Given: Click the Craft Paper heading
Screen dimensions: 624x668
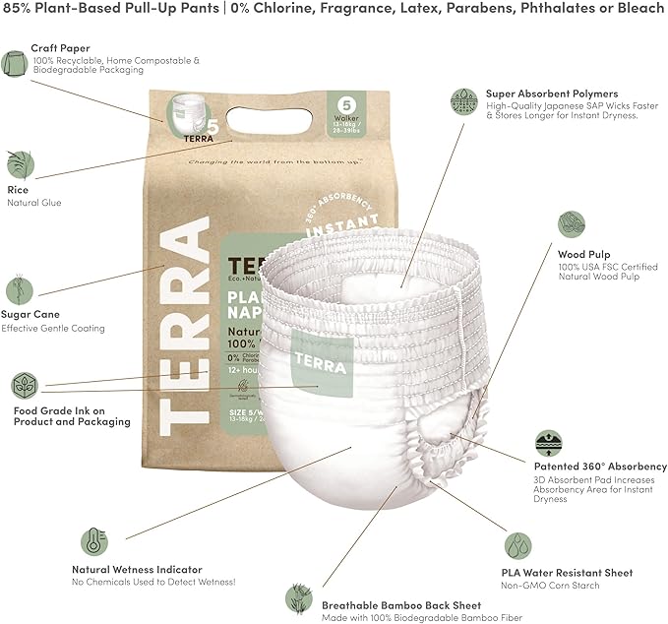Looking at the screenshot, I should [59, 47].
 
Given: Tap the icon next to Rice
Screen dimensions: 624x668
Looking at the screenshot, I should [18, 162].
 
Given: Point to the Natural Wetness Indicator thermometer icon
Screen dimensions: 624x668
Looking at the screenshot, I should [93, 543].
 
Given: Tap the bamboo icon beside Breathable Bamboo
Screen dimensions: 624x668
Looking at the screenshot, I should [298, 596].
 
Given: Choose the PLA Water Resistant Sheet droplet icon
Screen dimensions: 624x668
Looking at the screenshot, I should [518, 546].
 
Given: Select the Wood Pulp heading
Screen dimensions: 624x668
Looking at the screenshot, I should [585, 254].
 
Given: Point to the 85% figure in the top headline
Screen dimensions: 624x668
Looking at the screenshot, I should [19, 11].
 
